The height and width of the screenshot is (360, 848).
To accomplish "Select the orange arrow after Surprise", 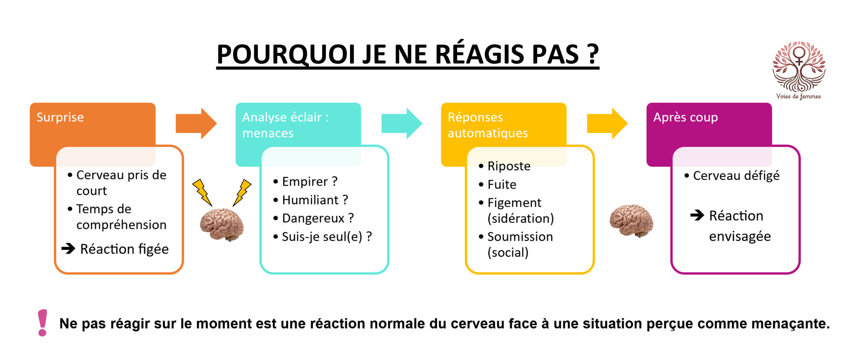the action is point(196,123).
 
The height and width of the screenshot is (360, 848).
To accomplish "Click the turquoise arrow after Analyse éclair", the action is point(402,123).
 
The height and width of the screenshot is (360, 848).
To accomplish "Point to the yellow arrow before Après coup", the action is point(607,123).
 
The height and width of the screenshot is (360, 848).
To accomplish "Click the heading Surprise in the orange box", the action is point(60,117).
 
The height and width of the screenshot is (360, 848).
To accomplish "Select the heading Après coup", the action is point(685,117).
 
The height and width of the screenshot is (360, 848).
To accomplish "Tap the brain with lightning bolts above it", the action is point(222,224).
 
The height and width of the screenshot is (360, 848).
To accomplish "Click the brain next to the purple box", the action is point(631,221).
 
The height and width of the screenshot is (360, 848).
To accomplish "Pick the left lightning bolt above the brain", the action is point(202,192).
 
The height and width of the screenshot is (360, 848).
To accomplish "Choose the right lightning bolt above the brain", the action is point(242,192).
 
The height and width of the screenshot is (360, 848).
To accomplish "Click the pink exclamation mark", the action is point(42,323).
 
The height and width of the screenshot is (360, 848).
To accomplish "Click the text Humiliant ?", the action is point(315,200).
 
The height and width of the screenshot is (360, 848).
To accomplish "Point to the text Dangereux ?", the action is point(318,218).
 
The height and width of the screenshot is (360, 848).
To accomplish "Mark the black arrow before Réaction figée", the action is point(68,248).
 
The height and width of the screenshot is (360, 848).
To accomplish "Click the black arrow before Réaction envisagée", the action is point(697,215).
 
